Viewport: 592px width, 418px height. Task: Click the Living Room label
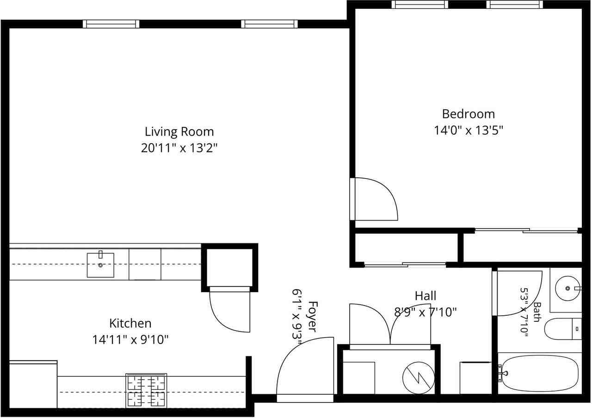[179, 132]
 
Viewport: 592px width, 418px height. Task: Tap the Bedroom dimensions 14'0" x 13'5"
[469, 130]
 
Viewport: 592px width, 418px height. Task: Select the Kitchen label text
[130, 324]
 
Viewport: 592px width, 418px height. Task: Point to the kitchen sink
[101, 265]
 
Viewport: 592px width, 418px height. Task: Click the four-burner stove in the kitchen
[146, 391]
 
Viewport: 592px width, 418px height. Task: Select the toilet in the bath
[563, 329]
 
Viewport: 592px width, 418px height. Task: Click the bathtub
[540, 373]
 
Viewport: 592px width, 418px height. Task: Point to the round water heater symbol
[419, 378]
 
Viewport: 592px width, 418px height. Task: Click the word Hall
[425, 296]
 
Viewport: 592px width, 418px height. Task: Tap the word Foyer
[312, 317]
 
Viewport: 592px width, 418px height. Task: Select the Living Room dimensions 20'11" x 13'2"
[179, 148]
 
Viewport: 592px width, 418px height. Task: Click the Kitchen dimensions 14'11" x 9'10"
[130, 340]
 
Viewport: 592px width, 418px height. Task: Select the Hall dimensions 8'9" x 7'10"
[425, 312]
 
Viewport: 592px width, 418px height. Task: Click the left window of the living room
[111, 24]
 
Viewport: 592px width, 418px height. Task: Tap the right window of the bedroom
[515, 5]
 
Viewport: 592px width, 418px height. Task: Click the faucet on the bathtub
[502, 373]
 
